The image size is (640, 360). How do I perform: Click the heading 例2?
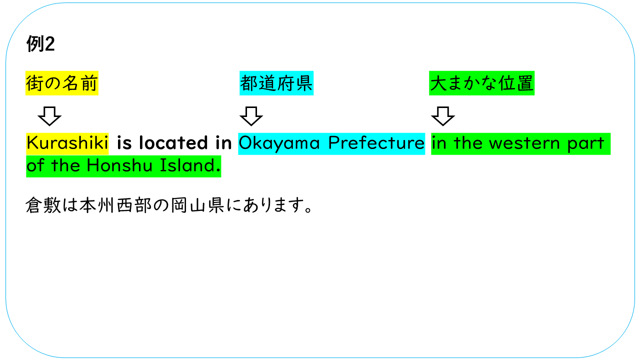click(x=40, y=45)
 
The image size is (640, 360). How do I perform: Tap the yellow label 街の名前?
click(x=62, y=83)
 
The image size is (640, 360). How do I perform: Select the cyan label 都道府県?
click(x=276, y=83)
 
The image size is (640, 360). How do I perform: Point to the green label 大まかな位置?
click(x=481, y=83)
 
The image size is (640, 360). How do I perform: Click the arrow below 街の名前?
click(x=49, y=116)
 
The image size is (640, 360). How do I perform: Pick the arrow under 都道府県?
click(x=251, y=116)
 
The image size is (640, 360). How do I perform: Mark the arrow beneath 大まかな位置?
click(x=443, y=116)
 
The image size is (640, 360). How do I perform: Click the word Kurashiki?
click(x=67, y=143)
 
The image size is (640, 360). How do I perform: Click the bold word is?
click(x=124, y=143)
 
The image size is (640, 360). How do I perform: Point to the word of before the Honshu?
click(x=35, y=166)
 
